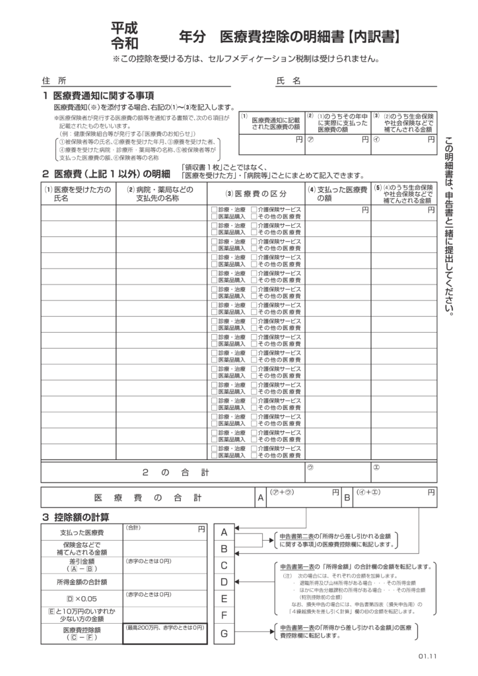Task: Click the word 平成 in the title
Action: point(124,28)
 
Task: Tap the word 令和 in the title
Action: point(124,44)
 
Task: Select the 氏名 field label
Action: point(288,81)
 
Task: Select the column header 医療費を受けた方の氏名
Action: point(77,193)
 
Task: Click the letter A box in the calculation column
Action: point(224,532)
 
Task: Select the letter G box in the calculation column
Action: point(224,633)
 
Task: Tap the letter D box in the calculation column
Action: point(224,582)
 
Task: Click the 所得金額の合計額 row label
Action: point(82,582)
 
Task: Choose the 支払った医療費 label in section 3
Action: point(82,532)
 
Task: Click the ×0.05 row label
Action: point(82,599)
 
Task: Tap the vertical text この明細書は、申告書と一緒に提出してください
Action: point(450,224)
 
